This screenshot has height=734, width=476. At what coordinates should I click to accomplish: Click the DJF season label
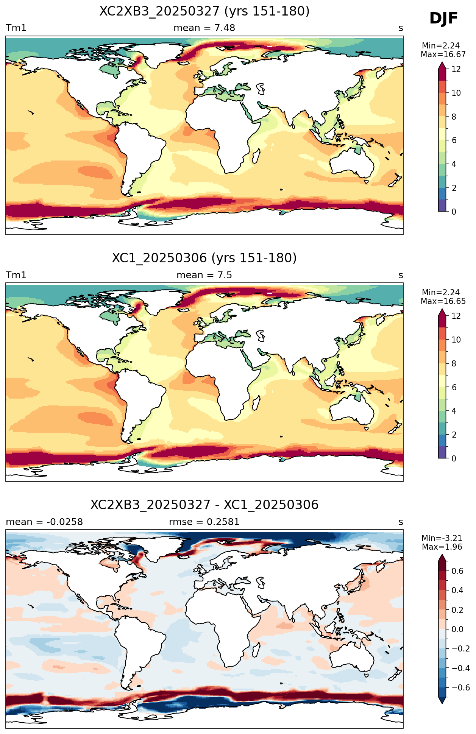(x=443, y=19)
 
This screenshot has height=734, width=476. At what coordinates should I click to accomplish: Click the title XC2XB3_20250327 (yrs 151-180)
(x=204, y=11)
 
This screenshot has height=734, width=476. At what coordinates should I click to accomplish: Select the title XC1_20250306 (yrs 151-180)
(x=204, y=258)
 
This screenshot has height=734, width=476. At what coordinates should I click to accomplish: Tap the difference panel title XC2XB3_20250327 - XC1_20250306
(x=204, y=505)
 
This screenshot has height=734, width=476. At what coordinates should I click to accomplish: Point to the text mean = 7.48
(x=204, y=28)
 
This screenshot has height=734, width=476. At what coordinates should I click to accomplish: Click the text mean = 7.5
(x=204, y=275)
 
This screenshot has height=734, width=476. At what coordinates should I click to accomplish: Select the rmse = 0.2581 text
(x=204, y=522)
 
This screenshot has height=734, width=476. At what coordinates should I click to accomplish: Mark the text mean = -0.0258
(x=44, y=522)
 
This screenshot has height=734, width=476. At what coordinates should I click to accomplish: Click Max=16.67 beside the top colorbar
(x=443, y=55)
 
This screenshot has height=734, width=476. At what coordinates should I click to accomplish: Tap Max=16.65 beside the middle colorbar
(x=443, y=301)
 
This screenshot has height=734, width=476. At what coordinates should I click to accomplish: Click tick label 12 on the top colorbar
(x=456, y=69)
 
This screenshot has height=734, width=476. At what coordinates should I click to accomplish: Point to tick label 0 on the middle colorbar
(x=454, y=458)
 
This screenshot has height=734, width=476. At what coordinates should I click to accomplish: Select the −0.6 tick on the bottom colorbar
(x=460, y=687)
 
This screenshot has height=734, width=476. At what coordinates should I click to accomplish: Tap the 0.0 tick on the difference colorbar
(x=457, y=629)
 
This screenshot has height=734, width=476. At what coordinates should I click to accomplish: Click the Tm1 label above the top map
(x=16, y=28)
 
